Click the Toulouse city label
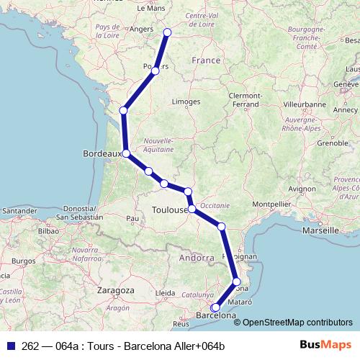click(x=169, y=210)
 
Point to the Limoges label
click(x=186, y=102)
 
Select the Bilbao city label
click(x=48, y=231)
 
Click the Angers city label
click(x=142, y=30)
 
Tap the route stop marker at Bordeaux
click(x=126, y=153)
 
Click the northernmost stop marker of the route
click(x=168, y=32)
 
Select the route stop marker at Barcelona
click(x=215, y=308)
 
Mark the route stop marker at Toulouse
click(x=192, y=209)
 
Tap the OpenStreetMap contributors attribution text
click(x=297, y=323)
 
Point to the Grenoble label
click(x=332, y=143)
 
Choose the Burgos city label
click(x=23, y=260)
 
